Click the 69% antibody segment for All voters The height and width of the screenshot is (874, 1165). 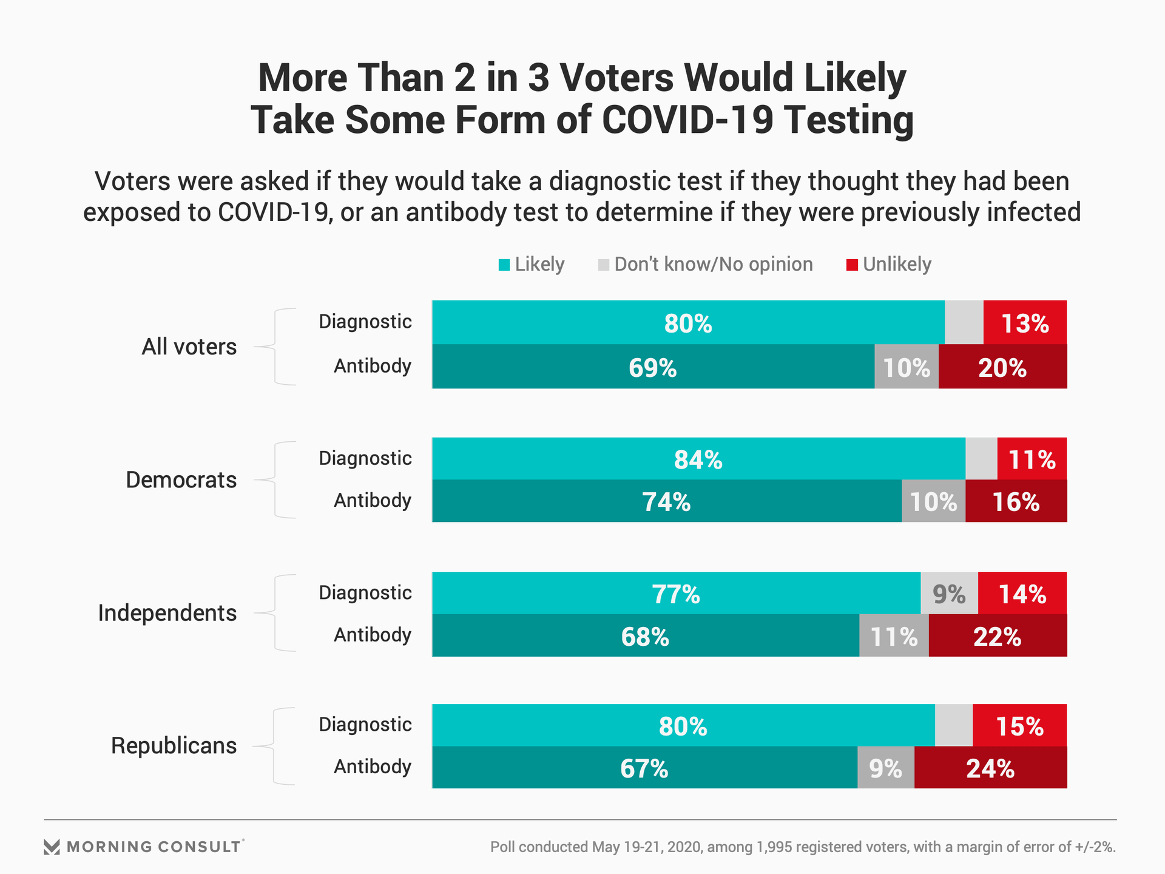click(653, 367)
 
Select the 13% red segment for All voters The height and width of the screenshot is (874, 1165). click(1025, 323)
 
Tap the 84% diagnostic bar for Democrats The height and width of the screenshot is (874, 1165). click(698, 459)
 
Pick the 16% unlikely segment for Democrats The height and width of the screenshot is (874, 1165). click(1016, 502)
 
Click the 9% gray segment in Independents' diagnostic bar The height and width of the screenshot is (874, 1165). click(949, 594)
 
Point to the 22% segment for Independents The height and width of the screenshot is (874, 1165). click(997, 636)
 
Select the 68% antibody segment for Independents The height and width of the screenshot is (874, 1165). click(645, 636)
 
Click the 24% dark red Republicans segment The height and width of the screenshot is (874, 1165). click(990, 768)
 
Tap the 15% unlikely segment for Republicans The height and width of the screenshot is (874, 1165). click(1019, 726)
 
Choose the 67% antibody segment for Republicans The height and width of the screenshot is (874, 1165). click(644, 768)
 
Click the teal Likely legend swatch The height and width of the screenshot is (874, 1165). click(504, 265)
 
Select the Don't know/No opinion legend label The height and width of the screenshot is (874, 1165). click(713, 265)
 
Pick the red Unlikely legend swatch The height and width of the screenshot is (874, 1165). click(852, 265)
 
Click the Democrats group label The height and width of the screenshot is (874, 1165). click(181, 480)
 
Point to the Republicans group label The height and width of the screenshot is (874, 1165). click(174, 746)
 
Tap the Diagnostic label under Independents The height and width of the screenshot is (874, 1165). click(365, 593)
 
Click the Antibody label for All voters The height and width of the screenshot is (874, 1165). click(373, 366)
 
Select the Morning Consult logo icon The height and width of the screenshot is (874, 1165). click(52, 847)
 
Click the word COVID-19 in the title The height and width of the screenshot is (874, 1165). click(687, 120)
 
